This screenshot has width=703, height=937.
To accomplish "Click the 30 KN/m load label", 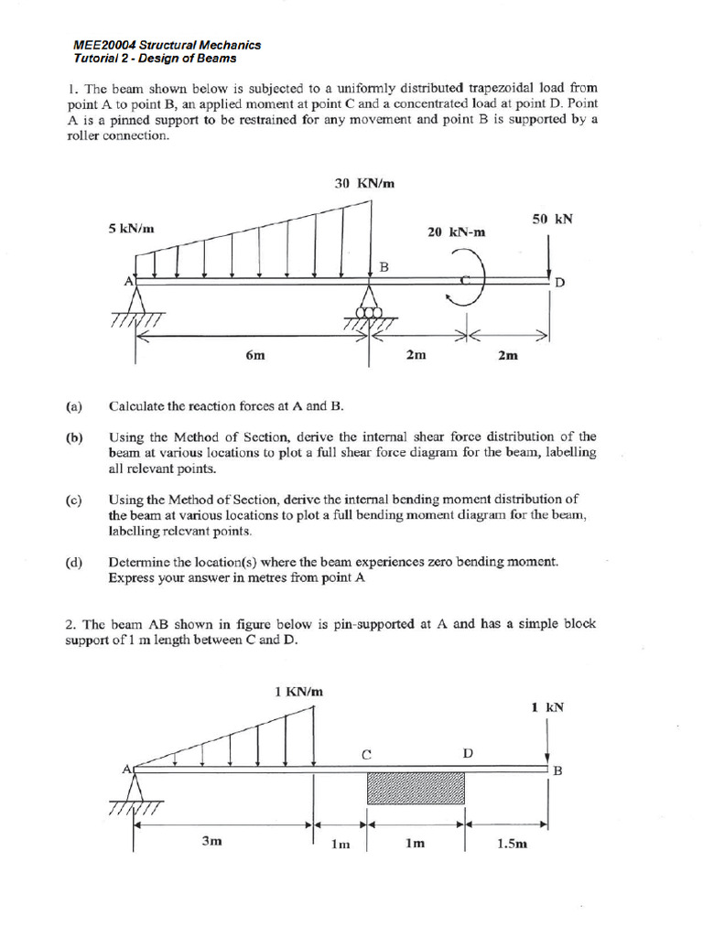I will click(x=364, y=183).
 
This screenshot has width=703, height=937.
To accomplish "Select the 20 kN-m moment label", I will click(x=457, y=232).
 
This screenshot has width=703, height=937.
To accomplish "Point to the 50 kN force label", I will click(x=552, y=219).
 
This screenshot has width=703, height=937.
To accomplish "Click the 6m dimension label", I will click(x=255, y=355).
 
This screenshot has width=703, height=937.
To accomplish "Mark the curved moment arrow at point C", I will click(x=470, y=280).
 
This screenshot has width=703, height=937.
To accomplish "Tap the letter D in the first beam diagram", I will click(x=560, y=284).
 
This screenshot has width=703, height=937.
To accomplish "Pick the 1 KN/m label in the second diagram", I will click(x=298, y=692).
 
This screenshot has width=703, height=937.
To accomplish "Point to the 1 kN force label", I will click(x=547, y=706).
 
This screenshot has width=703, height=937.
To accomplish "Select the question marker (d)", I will click(x=74, y=563).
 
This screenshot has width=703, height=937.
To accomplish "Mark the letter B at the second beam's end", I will click(x=557, y=770).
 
